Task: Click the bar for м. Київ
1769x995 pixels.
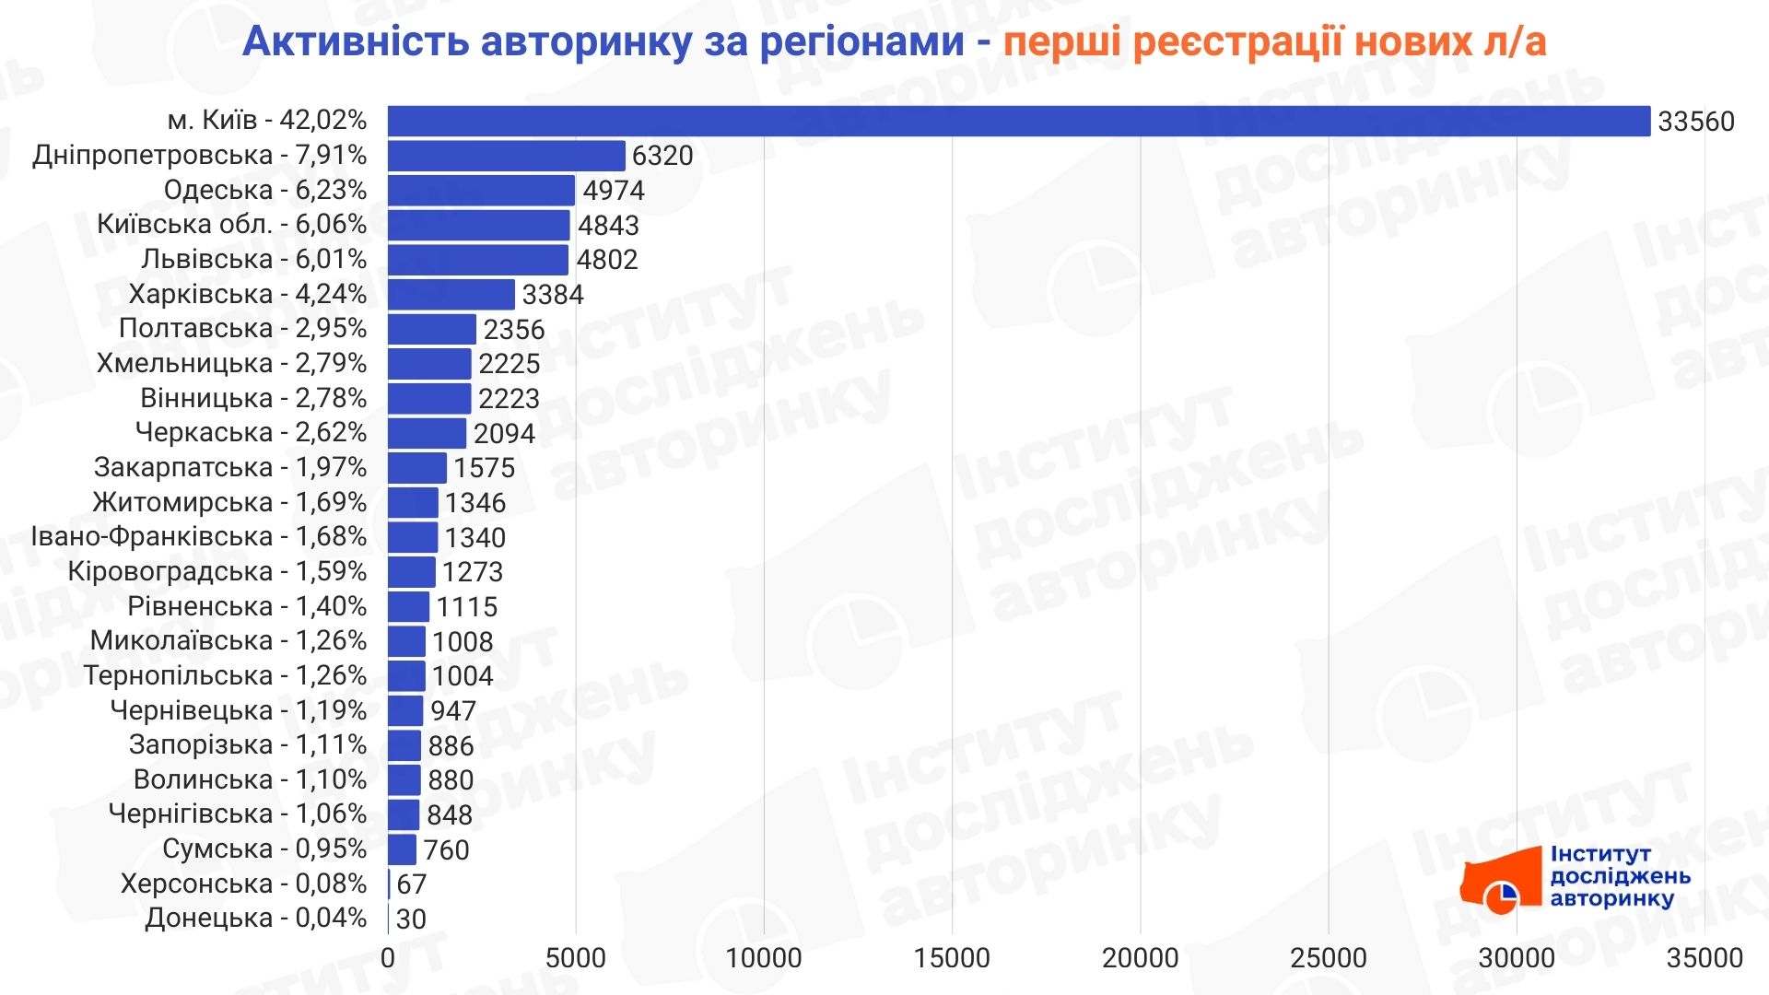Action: point(1018,121)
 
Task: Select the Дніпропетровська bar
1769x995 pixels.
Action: point(506,156)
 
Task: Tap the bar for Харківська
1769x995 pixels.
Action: point(451,295)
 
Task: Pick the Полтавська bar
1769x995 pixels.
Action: point(431,329)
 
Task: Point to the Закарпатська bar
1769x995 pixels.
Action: point(416,468)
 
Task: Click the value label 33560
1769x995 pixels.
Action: point(1695,122)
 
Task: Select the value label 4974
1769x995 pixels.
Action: point(614,191)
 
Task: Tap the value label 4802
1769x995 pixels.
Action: point(607,260)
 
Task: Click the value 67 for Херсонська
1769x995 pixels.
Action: point(411,884)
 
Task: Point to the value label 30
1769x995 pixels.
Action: point(411,919)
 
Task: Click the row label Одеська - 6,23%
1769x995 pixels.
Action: point(265,190)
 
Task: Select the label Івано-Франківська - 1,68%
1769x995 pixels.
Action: point(199,536)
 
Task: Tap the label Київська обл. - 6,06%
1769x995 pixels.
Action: point(232,225)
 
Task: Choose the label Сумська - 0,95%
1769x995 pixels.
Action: point(264,849)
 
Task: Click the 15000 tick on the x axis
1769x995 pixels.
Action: point(952,958)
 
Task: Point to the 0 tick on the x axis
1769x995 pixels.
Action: point(388,958)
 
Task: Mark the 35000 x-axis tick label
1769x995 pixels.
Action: point(1705,958)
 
